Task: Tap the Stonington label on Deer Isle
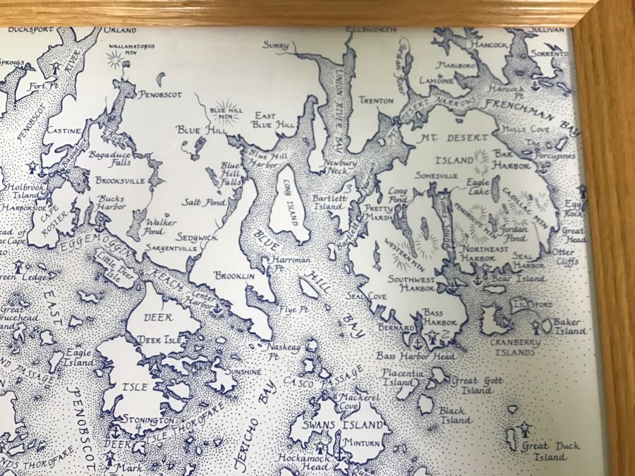click(147, 420)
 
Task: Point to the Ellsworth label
click(373, 30)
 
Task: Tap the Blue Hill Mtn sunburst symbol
click(227, 111)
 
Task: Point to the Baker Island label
click(571, 327)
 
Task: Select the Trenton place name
click(376, 101)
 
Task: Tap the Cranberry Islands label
click(516, 346)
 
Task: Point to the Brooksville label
click(119, 181)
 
